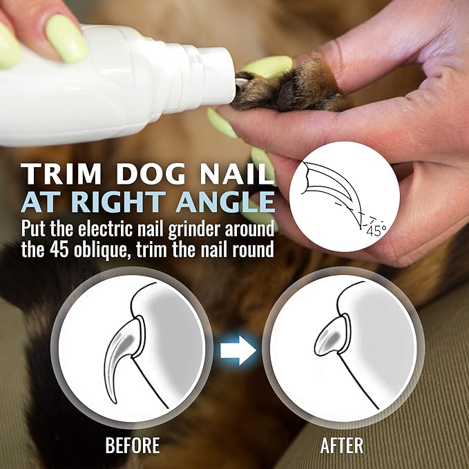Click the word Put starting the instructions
point(35,227)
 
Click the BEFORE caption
point(133,446)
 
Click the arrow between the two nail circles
point(237,350)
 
